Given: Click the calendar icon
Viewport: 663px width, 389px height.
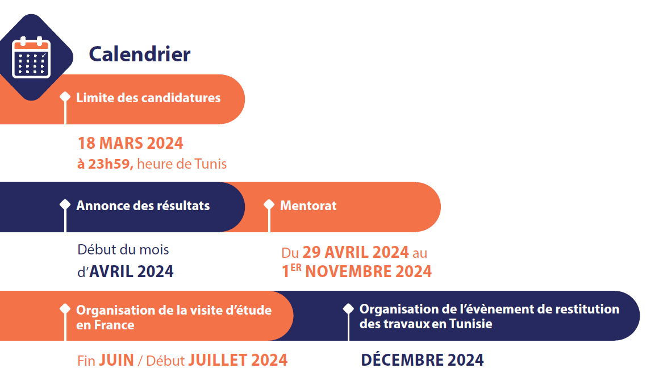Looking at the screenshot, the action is (31, 57).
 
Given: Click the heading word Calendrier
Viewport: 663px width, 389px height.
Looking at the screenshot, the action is (140, 54).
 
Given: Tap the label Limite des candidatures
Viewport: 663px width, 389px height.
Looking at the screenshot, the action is (148, 98).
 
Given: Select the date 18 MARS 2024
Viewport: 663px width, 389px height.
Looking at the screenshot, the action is (130, 143).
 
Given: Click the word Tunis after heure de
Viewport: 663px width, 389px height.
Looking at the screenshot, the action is (210, 164).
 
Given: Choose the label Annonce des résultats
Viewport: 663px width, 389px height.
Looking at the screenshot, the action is (143, 206).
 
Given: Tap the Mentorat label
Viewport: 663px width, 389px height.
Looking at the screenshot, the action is (308, 206).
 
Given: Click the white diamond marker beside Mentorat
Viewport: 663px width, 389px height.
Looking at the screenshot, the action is (269, 204).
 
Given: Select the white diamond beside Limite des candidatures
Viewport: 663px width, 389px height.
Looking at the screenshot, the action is (65, 97).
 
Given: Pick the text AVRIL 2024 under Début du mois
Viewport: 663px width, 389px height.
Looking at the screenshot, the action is (131, 271).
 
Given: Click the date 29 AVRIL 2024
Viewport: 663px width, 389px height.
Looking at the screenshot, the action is (356, 252).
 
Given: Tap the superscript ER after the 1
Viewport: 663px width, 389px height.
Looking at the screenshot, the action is (296, 268).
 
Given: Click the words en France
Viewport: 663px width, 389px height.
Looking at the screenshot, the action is (105, 325).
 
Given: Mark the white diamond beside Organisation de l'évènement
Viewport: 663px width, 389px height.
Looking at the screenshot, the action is (348, 309).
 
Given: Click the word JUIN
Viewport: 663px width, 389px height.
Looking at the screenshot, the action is (116, 360).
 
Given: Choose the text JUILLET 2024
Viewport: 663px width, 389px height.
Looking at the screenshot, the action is (237, 360).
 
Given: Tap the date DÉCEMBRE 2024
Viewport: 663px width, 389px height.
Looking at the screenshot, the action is (423, 360).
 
